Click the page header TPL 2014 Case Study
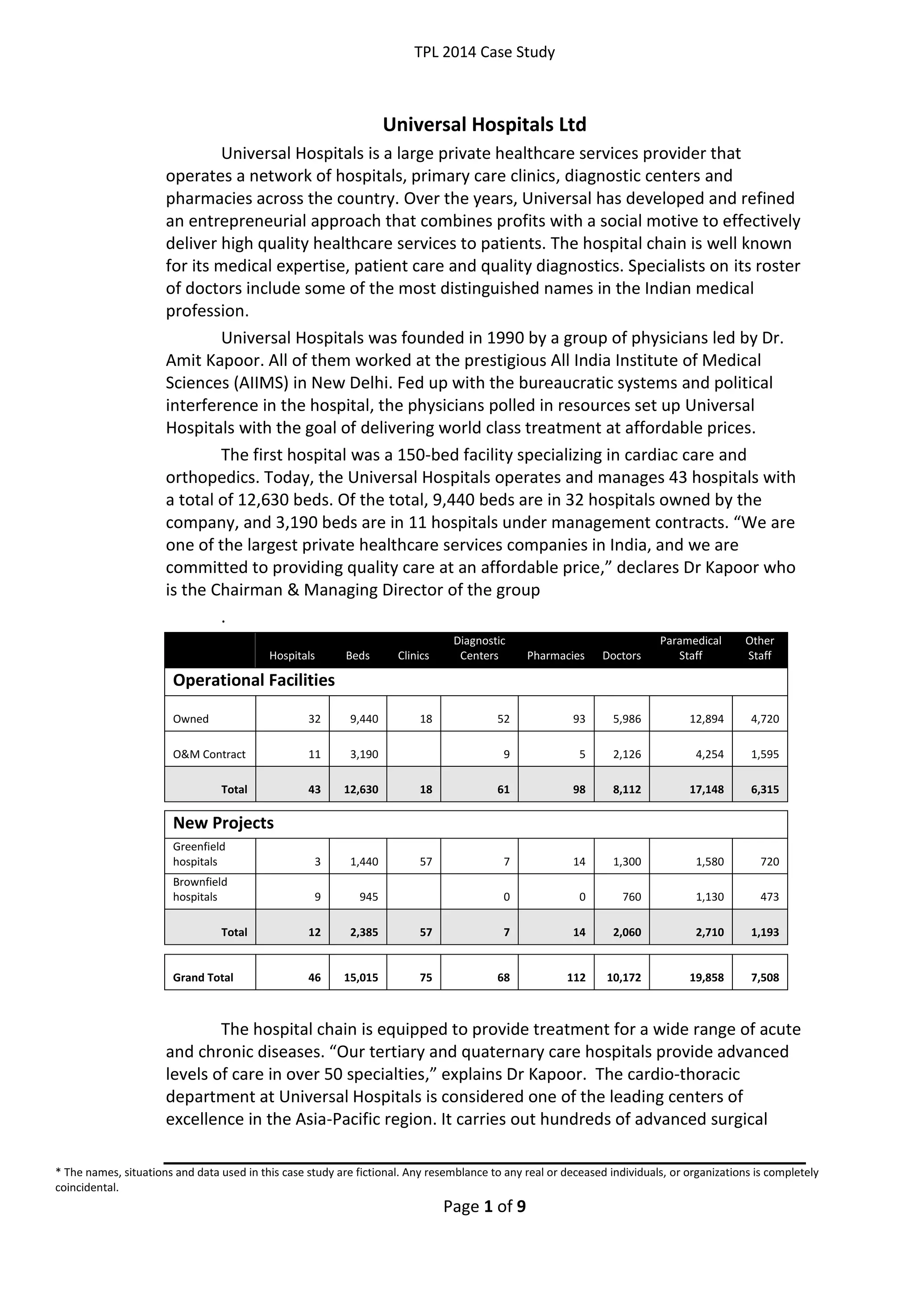pyautogui.click(x=484, y=52)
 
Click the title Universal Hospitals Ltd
pyautogui.click(x=484, y=125)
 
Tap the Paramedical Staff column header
pyautogui.click(x=690, y=648)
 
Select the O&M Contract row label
pyautogui.click(x=209, y=755)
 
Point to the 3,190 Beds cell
pyautogui.click(x=364, y=755)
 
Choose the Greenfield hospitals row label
pyautogui.click(x=199, y=854)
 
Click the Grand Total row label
pyautogui.click(x=203, y=978)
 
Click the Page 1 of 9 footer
pyautogui.click(x=484, y=1206)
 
